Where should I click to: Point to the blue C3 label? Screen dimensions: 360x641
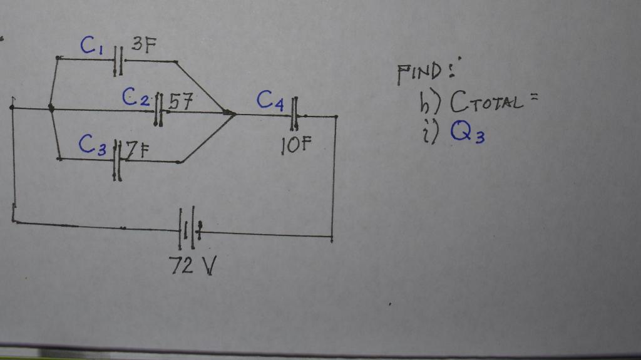pos(91,145)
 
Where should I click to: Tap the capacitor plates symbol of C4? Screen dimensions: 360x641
pos(294,115)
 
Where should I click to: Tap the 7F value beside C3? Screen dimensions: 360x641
pos(136,150)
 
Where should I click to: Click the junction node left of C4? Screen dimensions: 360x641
pos(230,113)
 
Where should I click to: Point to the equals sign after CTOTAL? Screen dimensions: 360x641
pos(533,98)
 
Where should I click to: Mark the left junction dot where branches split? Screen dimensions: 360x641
pos(51,109)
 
